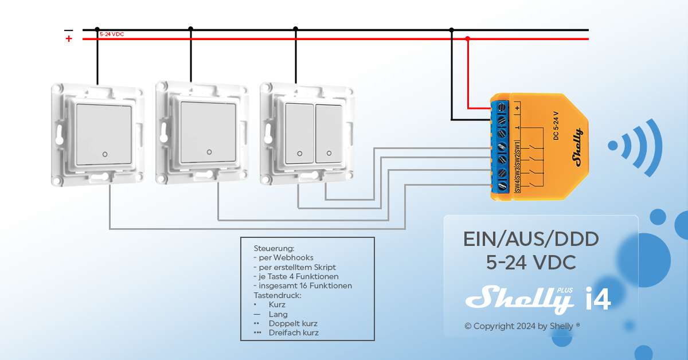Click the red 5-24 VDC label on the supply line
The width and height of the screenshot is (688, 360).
tap(112, 34)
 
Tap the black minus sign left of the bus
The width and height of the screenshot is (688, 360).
tap(69, 30)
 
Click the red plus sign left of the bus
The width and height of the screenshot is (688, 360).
tap(69, 39)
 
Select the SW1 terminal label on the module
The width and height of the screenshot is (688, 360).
tap(517, 147)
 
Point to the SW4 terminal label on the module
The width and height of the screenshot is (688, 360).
tap(517, 186)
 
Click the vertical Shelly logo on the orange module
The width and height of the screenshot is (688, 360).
tap(576, 148)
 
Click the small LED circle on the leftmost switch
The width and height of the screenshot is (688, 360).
tap(104, 154)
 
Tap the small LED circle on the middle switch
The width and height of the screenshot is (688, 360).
tap(209, 152)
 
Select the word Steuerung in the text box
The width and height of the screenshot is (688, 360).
tap(274, 249)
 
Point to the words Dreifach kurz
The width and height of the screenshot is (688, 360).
tap(294, 332)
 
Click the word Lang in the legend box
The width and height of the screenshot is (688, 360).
tap(278, 314)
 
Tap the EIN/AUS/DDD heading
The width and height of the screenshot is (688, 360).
tap(531, 238)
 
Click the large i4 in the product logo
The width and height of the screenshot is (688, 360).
tap(597, 299)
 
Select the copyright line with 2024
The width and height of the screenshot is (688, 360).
tap(522, 326)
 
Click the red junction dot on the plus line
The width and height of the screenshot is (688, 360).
tap(468, 39)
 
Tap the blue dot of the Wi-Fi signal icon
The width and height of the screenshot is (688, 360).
tap(613, 146)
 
